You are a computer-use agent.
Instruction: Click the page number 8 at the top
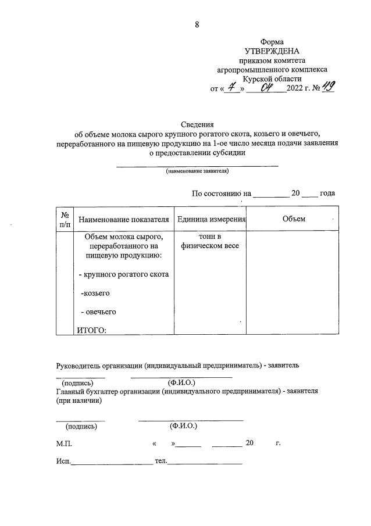[x=197, y=24]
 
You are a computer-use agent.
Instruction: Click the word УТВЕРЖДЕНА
[x=272, y=51]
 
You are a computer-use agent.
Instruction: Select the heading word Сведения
[x=198, y=124]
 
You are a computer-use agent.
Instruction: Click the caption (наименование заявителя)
[x=197, y=171]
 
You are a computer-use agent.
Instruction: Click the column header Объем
[x=294, y=219]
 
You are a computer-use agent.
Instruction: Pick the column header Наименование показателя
[x=123, y=219]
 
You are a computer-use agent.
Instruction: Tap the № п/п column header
[x=65, y=219]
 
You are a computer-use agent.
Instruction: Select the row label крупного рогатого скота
[x=123, y=274]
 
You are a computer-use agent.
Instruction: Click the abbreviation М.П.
[x=64, y=443]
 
